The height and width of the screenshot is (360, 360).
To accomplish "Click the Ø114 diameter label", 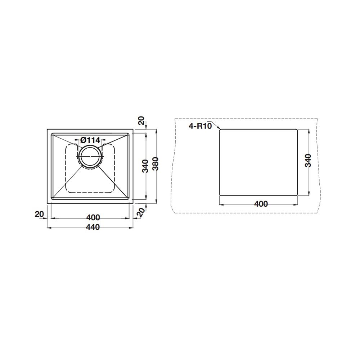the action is [x=90, y=140].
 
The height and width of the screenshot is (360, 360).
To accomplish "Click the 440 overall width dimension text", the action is [x=93, y=227].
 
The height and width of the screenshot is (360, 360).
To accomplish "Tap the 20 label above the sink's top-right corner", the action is [x=142, y=121].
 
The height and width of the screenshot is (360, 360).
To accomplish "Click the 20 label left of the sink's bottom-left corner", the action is [x=39, y=214].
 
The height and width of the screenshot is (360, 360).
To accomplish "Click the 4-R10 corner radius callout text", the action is [x=200, y=126].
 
